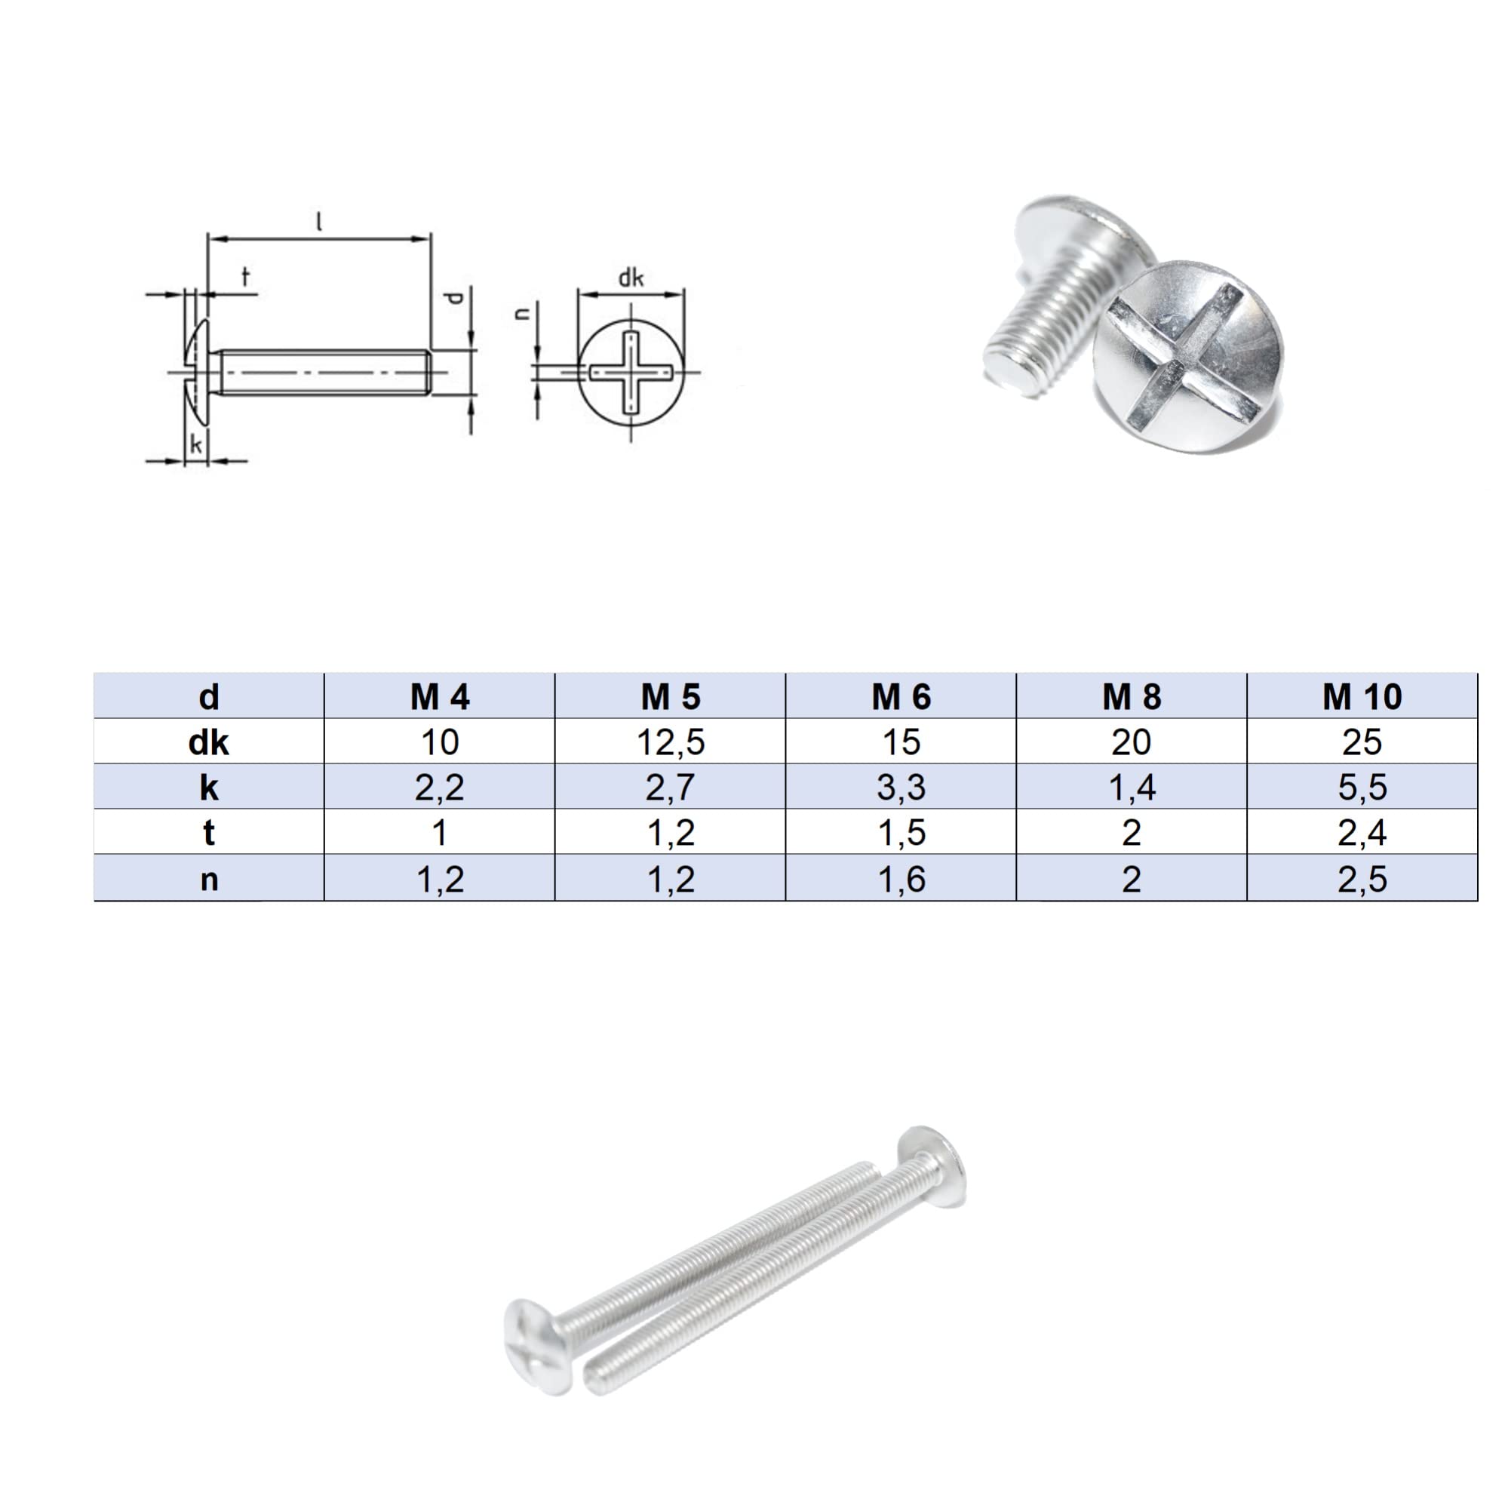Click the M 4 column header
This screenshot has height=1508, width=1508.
pos(440,696)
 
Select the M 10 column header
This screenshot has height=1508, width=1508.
pos(1362,696)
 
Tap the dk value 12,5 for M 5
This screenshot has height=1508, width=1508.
pos(671,742)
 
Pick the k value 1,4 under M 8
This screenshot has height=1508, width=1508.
pos(1132,788)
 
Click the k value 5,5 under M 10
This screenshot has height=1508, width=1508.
pos(1362,788)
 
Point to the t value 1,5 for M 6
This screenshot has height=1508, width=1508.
pos(901,833)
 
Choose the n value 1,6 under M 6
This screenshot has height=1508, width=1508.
pos(901,879)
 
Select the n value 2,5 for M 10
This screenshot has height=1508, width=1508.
pos(1362,879)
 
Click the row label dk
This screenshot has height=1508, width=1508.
pos(208,742)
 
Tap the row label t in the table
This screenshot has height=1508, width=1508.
pos(208,833)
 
